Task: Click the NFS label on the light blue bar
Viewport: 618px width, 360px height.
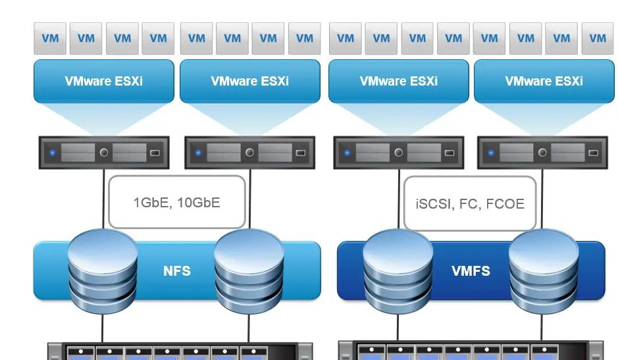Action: click(x=176, y=270)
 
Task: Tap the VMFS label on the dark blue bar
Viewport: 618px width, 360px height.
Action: click(x=471, y=270)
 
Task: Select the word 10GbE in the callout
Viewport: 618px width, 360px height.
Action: click(x=198, y=203)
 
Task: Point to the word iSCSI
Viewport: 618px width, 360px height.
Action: click(x=434, y=204)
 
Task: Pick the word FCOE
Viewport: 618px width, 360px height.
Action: click(x=505, y=204)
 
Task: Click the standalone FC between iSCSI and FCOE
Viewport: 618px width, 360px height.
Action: click(x=469, y=204)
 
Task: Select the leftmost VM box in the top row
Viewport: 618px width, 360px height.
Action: click(x=50, y=38)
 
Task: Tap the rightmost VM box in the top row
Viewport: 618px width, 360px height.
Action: click(x=598, y=38)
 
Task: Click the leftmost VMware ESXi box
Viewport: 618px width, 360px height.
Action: click(x=104, y=81)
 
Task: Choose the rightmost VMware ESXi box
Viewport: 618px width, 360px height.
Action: click(x=544, y=81)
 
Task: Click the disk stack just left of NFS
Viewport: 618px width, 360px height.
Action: click(x=102, y=270)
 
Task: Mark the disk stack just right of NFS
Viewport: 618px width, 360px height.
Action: click(x=248, y=270)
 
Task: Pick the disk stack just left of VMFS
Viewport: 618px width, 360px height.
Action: click(x=396, y=270)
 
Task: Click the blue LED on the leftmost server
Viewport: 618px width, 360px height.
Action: click(x=52, y=153)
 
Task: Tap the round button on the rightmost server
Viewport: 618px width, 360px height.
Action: click(x=542, y=153)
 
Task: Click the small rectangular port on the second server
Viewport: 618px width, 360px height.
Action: click(x=300, y=153)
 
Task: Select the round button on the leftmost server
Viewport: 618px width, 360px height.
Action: click(x=104, y=153)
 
